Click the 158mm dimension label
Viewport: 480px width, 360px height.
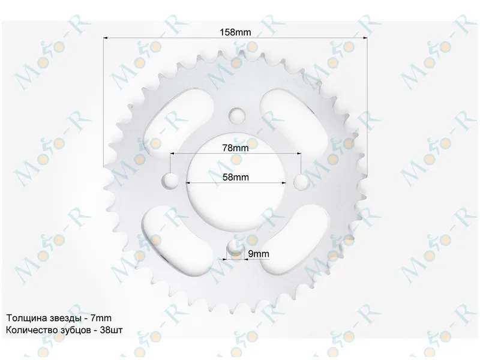coord(235,32)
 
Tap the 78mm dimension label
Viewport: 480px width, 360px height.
coord(235,148)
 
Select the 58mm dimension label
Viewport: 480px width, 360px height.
coord(235,177)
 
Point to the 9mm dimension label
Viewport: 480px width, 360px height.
coord(259,254)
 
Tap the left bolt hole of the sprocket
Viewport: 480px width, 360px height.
coord(170,181)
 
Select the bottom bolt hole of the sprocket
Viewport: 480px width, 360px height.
coord(235,247)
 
